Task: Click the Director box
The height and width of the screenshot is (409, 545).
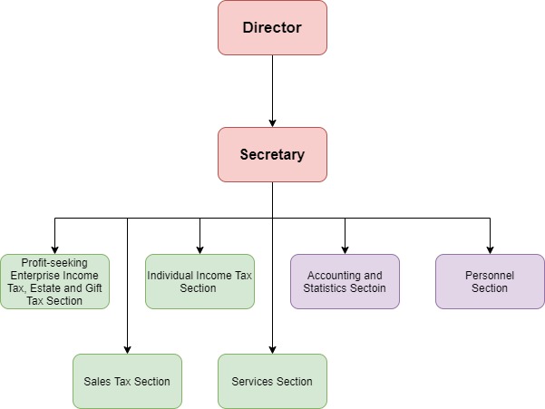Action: tap(272, 27)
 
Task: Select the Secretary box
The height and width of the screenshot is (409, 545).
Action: tap(272, 154)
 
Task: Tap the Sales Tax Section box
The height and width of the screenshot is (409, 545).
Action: tap(127, 381)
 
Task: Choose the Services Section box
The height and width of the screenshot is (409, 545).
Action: tap(272, 381)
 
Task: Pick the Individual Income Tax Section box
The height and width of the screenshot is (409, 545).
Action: tap(200, 281)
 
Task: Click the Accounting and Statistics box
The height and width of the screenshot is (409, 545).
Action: tap(345, 281)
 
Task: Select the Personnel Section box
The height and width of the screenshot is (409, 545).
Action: tap(490, 281)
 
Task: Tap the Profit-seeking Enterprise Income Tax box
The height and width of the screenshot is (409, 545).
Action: tap(54, 281)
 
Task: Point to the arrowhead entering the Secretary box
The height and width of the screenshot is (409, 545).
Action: tap(272, 122)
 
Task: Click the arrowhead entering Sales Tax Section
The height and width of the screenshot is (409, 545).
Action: tap(127, 349)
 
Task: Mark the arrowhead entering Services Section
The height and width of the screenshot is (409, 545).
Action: tap(272, 349)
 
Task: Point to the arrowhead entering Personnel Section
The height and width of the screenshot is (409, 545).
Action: tap(490, 249)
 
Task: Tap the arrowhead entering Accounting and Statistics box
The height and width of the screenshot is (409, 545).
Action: tap(345, 249)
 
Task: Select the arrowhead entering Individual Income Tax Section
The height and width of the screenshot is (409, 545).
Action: tap(200, 249)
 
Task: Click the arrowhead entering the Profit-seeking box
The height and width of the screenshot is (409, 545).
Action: tap(54, 249)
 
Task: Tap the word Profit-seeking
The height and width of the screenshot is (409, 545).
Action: tap(54, 262)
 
